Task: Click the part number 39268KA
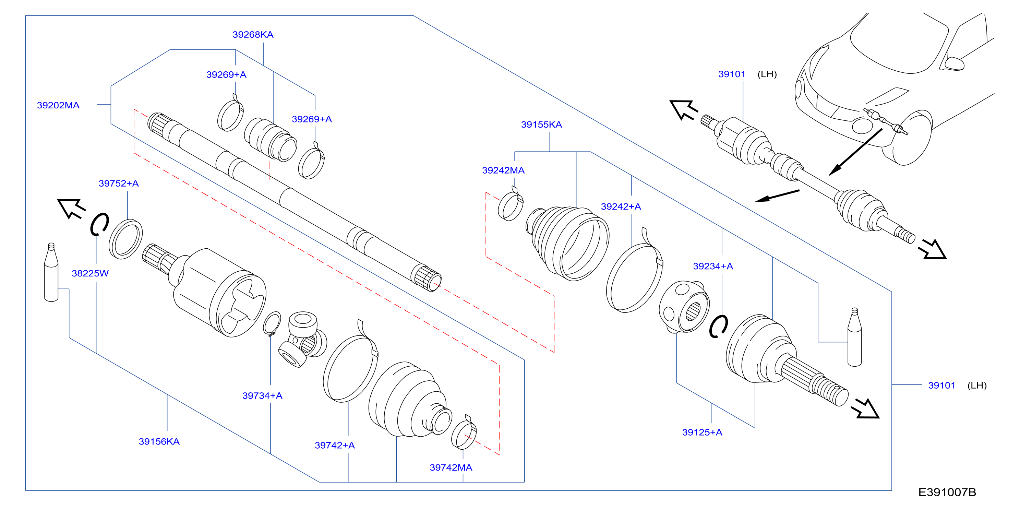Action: coord(253,35)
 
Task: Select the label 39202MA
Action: coord(58,105)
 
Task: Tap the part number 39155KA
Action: coord(541,125)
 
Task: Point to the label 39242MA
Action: coord(503,170)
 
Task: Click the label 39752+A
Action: coord(119,184)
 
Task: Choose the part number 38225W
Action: coord(90,273)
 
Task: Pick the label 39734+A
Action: coord(263,396)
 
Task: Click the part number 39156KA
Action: coord(159,442)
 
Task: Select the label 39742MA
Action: coord(451,468)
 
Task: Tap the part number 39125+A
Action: coord(702,433)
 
